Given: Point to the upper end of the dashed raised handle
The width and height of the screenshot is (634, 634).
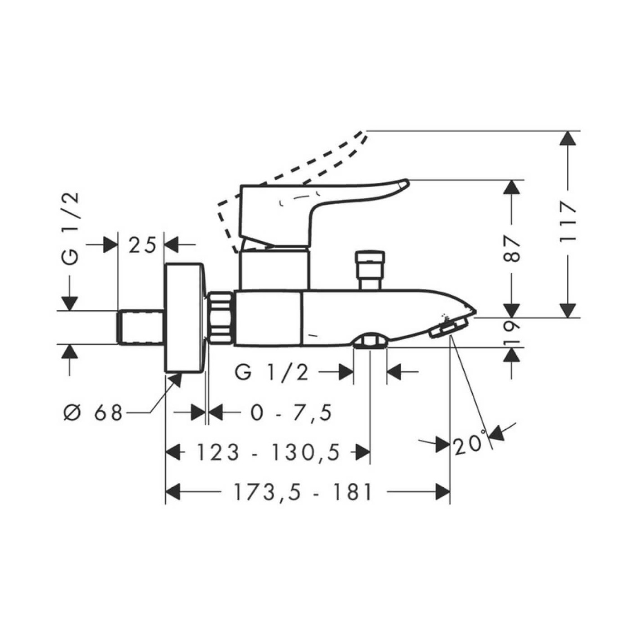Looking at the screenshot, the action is click(365, 131).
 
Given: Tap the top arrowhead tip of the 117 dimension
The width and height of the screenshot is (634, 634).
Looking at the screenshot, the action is click(568, 131).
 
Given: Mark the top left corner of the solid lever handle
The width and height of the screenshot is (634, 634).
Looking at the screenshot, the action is click(241, 186).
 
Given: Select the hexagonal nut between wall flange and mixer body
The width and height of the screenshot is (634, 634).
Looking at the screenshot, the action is click(220, 318).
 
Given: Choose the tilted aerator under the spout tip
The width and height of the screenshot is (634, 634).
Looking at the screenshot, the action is click(448, 327).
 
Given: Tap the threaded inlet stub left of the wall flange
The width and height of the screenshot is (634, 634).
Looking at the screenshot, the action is click(141, 327).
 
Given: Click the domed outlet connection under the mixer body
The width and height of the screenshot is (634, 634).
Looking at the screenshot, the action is click(370, 340).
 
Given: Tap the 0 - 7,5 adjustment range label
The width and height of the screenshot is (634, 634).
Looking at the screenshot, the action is click(291, 413).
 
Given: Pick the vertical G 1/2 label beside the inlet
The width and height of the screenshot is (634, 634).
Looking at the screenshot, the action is click(71, 228).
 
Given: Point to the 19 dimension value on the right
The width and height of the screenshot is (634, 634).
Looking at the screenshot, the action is click(512, 333).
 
